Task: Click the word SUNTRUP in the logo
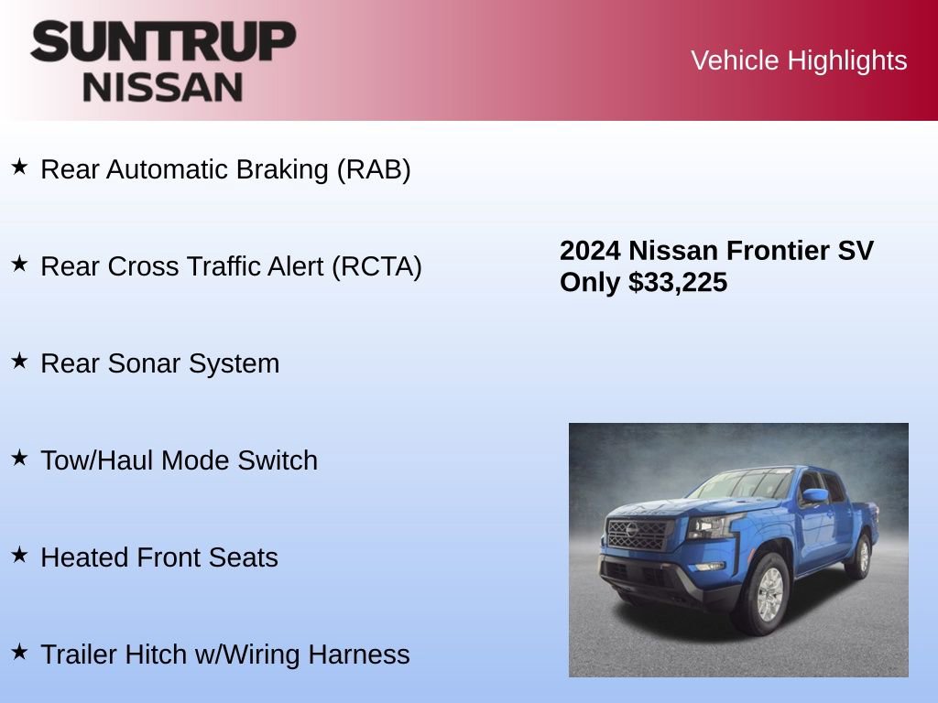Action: (x=163, y=41)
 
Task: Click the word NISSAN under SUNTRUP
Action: (x=163, y=86)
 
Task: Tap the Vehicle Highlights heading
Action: (x=799, y=60)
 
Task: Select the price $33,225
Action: (x=678, y=283)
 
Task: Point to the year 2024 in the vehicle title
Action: (x=591, y=251)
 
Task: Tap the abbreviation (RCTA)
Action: (x=376, y=266)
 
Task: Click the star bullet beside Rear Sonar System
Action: (x=19, y=361)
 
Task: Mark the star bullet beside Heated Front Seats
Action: (x=19, y=555)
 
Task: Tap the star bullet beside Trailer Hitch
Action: (x=19, y=652)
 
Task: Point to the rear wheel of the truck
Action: (x=861, y=557)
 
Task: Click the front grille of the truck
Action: (x=639, y=534)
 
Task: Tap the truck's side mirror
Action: (x=813, y=496)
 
